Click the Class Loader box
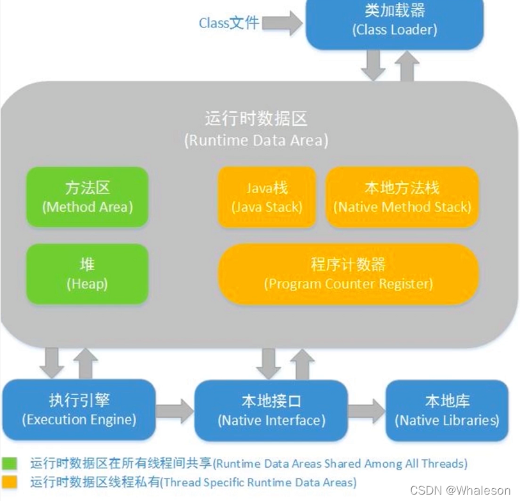[394, 21]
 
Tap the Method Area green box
[88, 198]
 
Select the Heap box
[88, 274]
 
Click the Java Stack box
[267, 198]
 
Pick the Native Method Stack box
[402, 198]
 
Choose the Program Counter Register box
[349, 274]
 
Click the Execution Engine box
[79, 410]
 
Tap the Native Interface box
[271, 411]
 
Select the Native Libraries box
[447, 411]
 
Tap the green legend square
[10, 463]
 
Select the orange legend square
[10, 482]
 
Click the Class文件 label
[228, 23]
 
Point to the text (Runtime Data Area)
[256, 141]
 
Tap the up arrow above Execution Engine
[85, 363]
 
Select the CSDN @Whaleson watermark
[461, 490]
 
